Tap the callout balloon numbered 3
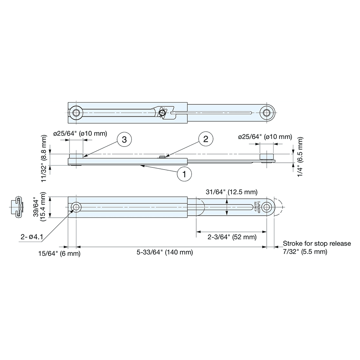(x=124, y=140)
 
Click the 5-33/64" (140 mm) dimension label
(x=165, y=252)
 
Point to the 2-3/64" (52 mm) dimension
(x=232, y=237)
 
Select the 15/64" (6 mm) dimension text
(x=59, y=254)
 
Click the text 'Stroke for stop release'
(x=317, y=243)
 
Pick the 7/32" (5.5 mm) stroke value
(x=305, y=252)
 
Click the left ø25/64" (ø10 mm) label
(x=80, y=134)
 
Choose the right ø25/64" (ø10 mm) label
(x=265, y=137)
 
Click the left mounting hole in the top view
(x=76, y=113)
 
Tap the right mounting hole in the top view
(x=267, y=113)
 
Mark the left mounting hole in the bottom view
(x=76, y=207)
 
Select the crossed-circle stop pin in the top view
(x=162, y=113)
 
